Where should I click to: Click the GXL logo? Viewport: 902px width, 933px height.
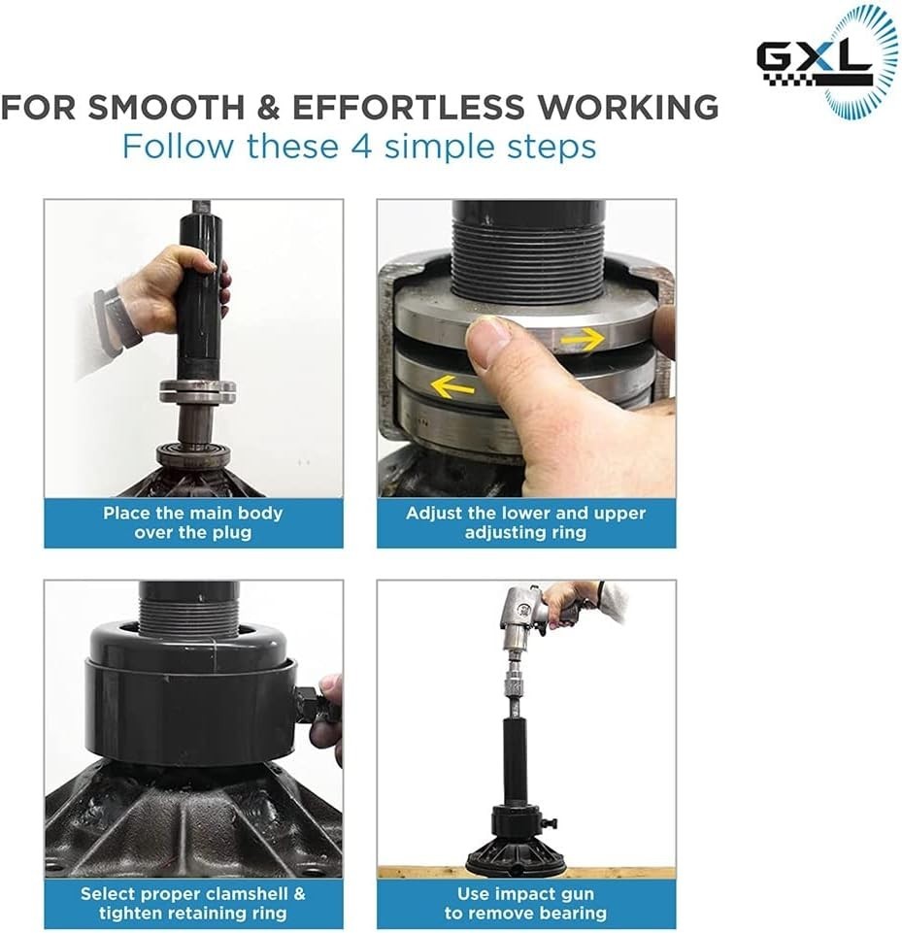pyautogui.click(x=827, y=62)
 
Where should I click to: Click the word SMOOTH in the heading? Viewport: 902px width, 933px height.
pyautogui.click(x=167, y=108)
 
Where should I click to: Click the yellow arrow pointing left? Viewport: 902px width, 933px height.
pyautogui.click(x=452, y=386)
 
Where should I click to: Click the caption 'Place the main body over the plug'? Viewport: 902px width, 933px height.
pyautogui.click(x=193, y=522)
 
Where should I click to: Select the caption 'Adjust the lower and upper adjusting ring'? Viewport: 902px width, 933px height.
pyautogui.click(x=526, y=522)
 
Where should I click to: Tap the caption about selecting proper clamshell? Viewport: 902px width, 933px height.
pyautogui.click(x=193, y=903)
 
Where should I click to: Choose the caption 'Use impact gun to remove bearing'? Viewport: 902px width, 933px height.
pyautogui.click(x=526, y=903)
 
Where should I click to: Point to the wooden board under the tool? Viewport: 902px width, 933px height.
pyautogui.click(x=526, y=873)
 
